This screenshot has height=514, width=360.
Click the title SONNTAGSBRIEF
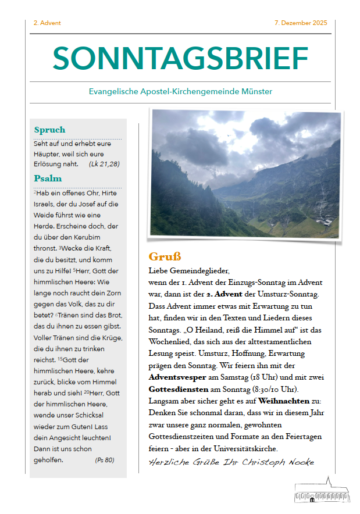pyautogui.click(x=180, y=58)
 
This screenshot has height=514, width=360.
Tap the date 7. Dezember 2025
pyautogui.click(x=300, y=23)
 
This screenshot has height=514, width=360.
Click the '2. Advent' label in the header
pyautogui.click(x=47, y=23)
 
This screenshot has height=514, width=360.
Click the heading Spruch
pyautogui.click(x=49, y=130)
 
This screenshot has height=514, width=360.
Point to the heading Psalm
pyautogui.click(x=48, y=178)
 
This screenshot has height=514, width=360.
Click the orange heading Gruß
pyautogui.click(x=165, y=256)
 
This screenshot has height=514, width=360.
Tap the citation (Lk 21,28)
pyautogui.click(x=104, y=164)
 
